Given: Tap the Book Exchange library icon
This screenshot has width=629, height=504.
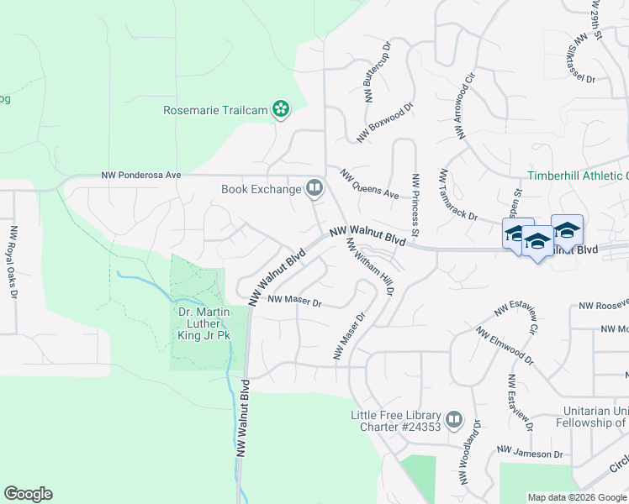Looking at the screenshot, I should click(314, 188).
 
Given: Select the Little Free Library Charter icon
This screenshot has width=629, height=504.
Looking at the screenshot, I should click(454, 418).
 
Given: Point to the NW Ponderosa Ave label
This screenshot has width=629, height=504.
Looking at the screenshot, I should click(141, 176).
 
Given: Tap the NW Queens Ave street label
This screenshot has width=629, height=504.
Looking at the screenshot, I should click(369, 184).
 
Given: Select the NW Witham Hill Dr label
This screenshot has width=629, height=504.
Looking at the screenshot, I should click(370, 266).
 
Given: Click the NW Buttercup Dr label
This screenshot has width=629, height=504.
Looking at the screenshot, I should click(378, 73).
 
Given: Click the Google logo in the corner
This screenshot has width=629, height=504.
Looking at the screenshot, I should click(28, 494).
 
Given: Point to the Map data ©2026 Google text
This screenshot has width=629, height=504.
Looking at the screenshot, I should click(576, 497).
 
